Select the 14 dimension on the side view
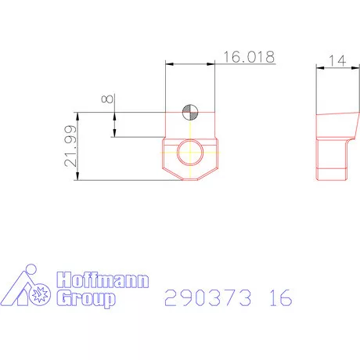pyautogui.click(x=337, y=60)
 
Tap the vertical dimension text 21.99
pyautogui.click(x=70, y=146)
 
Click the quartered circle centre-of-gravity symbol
pyautogui.click(x=189, y=113)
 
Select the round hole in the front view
pyautogui.click(x=189, y=153)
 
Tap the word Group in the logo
pyautogui.click(x=87, y=299)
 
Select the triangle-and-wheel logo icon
pyautogui.click(x=28, y=288)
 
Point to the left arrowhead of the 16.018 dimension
pyautogui.click(x=168, y=65)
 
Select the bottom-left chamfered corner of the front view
pyautogui.click(x=166, y=174)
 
